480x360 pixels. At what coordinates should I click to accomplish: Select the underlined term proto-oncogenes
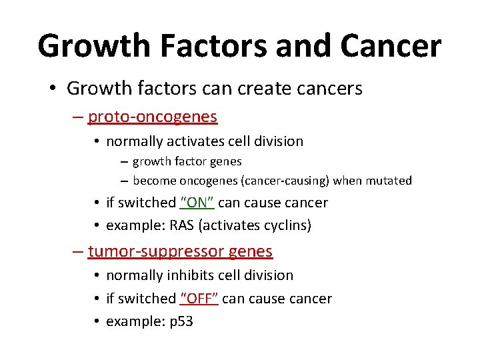coord(152,117)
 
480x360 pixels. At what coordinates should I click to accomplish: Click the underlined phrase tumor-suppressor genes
coord(180,251)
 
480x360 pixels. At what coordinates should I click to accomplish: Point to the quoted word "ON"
coord(197,203)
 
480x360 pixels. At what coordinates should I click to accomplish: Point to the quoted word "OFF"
coord(199,299)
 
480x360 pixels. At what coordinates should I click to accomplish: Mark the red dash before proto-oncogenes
coord(78,117)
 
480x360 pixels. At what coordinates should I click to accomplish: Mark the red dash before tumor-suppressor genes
coord(78,252)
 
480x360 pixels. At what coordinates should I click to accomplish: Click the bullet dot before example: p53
coord(97,322)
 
